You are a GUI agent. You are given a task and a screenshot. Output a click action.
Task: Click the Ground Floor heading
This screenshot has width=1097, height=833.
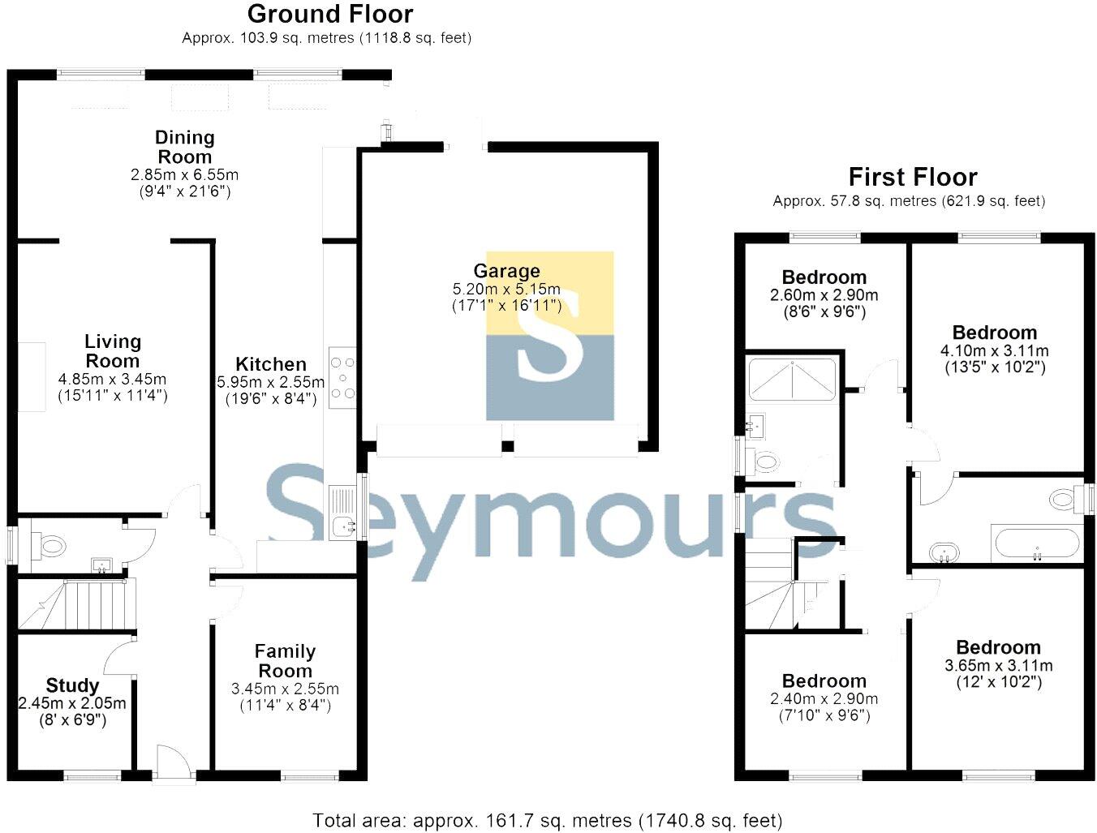tap(329, 14)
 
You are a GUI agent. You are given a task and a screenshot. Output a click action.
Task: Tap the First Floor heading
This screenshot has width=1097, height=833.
tap(912, 177)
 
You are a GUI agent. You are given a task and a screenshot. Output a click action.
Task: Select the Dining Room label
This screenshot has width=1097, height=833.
tap(185, 147)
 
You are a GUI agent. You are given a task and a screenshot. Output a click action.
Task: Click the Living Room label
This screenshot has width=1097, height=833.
tap(113, 351)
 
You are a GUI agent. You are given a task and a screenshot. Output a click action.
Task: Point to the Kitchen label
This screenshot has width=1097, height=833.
tap(271, 364)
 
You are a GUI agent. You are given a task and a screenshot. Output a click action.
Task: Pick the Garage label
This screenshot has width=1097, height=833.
tap(506, 271)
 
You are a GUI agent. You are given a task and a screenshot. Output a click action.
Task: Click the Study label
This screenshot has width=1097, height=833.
tap(72, 685)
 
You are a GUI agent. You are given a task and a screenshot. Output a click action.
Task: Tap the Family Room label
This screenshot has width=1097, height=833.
tap(285, 661)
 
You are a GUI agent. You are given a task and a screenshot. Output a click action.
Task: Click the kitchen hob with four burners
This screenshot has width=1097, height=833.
tap(342, 378)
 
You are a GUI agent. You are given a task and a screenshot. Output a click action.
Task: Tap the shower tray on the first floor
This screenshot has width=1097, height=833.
tap(791, 379)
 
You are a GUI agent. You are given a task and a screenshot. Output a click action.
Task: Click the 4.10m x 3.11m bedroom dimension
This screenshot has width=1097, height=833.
tap(995, 351)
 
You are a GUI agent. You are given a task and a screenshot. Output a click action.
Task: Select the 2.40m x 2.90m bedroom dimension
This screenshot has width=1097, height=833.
tap(824, 699)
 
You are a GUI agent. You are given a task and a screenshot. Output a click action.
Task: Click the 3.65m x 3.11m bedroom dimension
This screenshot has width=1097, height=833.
tap(999, 666)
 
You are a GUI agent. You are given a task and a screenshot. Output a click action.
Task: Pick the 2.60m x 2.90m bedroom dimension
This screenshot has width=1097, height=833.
tap(824, 295)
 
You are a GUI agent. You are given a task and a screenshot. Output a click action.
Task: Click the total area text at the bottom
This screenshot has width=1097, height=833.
tap(548, 820)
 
